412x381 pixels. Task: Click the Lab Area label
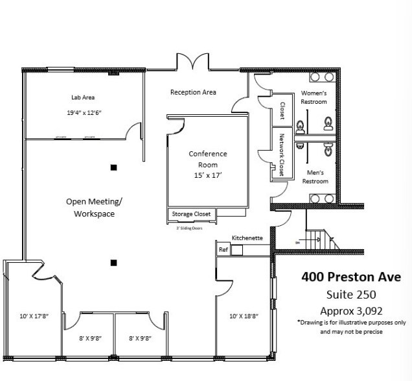(x=83, y=97)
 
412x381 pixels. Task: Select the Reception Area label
(x=193, y=92)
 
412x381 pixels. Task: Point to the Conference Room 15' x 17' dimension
(x=208, y=176)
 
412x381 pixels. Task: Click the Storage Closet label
(x=190, y=214)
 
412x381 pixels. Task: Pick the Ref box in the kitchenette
(x=223, y=249)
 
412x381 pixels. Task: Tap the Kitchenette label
(x=247, y=238)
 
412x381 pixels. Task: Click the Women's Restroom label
(x=314, y=97)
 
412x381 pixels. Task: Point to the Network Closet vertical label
(x=282, y=155)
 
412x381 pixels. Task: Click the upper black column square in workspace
(x=113, y=168)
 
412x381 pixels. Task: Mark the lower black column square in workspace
(x=113, y=263)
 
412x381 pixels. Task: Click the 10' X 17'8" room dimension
(x=34, y=317)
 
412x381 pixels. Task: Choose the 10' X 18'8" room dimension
(x=244, y=317)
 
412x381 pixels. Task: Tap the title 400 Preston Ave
(x=350, y=277)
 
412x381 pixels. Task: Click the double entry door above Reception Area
(x=192, y=63)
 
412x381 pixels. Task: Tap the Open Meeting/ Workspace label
(x=95, y=207)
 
